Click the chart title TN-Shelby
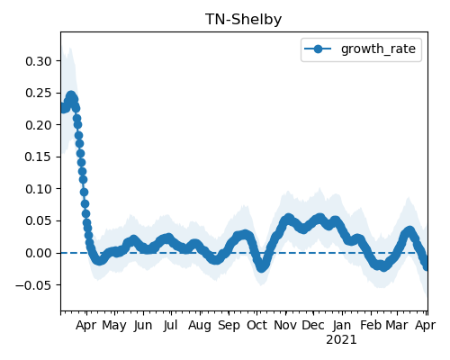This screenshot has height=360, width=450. click(243, 20)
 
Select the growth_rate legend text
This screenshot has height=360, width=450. click(378, 49)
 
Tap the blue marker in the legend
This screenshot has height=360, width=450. click(318, 49)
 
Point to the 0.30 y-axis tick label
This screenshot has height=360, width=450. click(39, 61)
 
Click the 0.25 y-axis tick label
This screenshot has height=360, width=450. click(39, 93)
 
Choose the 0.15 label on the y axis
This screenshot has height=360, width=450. click(39, 157)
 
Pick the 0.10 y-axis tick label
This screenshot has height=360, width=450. click(39, 189)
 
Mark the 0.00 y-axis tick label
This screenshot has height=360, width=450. click(39, 253)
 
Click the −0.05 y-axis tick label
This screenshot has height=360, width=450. click(34, 285)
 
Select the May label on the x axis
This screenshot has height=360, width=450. click(114, 326)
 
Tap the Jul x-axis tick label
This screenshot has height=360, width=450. click(171, 325)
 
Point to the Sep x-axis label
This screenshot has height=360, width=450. click(229, 326)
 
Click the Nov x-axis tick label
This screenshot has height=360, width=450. click(285, 325)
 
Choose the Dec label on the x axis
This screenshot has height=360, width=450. click(313, 325)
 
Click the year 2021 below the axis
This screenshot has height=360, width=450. click(341, 340)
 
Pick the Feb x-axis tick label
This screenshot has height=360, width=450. click(371, 325)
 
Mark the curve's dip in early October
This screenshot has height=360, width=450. click(262, 267)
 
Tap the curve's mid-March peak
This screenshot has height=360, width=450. click(409, 231)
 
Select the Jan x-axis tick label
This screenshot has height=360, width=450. click(342, 325)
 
